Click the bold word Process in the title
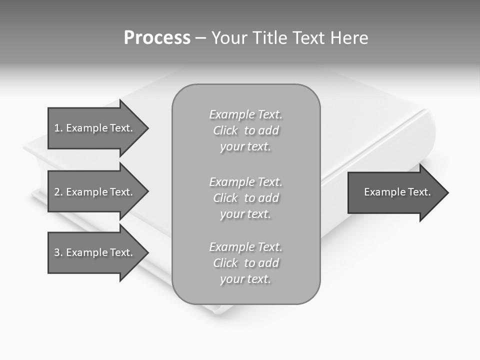click(x=157, y=38)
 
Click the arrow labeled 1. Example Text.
click(x=93, y=128)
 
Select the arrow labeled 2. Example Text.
click(x=93, y=192)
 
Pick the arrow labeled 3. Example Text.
click(x=93, y=252)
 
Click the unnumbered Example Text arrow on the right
click(x=397, y=192)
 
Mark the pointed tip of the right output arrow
click(x=447, y=192)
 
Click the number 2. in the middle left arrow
click(x=58, y=192)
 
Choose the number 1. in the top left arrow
click(x=58, y=128)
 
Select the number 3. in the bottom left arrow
click(x=58, y=252)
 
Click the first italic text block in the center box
click(x=245, y=130)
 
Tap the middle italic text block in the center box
click(x=245, y=198)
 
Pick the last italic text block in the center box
click(x=245, y=263)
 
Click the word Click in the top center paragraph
click(x=225, y=130)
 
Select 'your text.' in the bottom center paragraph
click(x=245, y=279)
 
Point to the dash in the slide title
click(x=201, y=38)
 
